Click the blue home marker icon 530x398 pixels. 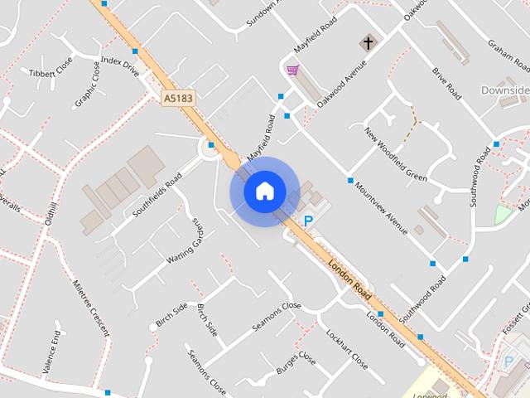[x=264, y=192]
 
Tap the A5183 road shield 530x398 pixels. [x=178, y=98]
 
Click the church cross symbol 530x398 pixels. [x=366, y=42]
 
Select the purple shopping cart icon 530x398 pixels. [x=291, y=70]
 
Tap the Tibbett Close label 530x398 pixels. [x=51, y=73]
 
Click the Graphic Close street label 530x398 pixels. [x=87, y=85]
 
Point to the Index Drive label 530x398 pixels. [x=119, y=66]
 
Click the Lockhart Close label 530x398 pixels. [x=347, y=349]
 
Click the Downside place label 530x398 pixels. [x=507, y=90]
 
